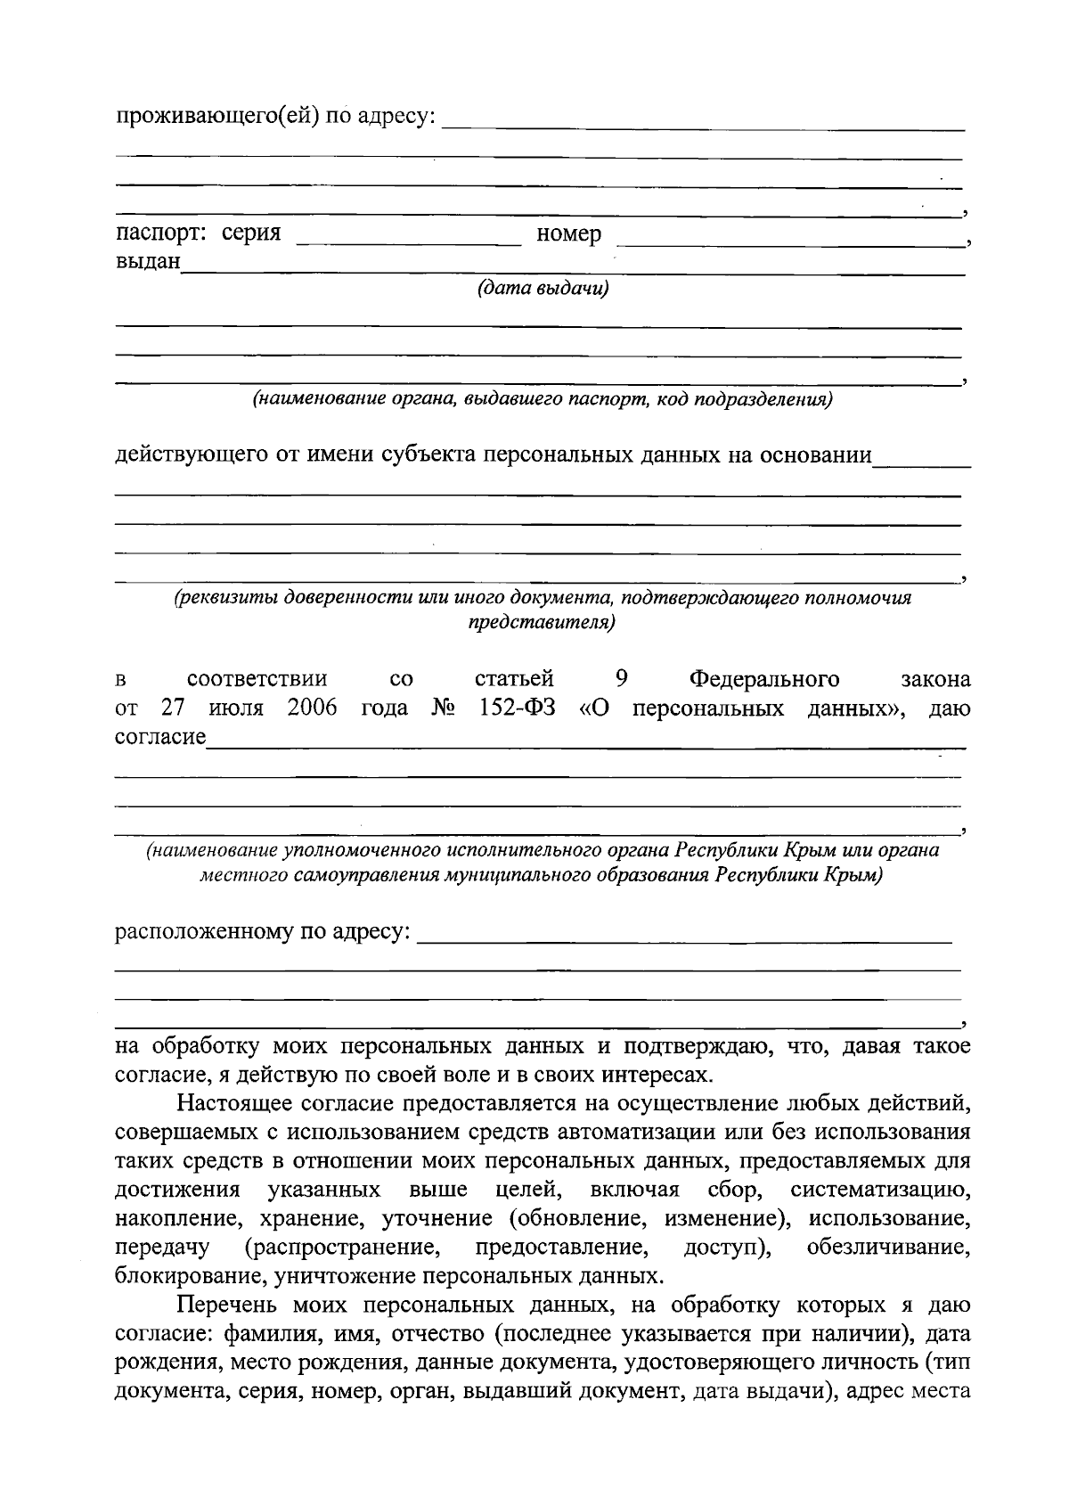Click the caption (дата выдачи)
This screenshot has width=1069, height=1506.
coord(543,289)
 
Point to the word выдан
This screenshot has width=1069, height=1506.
coord(148,262)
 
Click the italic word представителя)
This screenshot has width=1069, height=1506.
coord(542,622)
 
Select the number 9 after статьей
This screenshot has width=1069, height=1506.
coord(622,679)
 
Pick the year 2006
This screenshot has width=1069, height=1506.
coord(313,708)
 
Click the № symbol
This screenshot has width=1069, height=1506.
coord(443,708)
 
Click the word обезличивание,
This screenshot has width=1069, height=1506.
coord(888,1247)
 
